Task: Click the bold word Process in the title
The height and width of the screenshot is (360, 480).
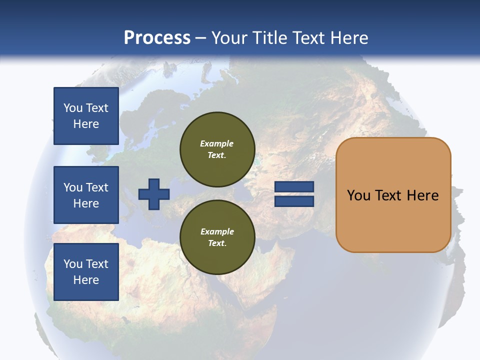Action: click(157, 38)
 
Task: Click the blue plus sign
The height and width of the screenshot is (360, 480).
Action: click(153, 194)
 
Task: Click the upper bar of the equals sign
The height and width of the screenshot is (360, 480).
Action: click(294, 187)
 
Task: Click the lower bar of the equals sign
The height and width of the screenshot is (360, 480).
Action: click(294, 201)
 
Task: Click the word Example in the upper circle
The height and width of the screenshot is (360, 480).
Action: click(217, 143)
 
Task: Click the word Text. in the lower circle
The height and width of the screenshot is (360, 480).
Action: click(217, 243)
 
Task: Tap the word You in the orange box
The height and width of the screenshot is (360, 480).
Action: click(358, 195)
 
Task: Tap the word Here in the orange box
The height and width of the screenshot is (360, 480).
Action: click(422, 195)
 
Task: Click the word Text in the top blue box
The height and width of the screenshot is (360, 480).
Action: click(97, 108)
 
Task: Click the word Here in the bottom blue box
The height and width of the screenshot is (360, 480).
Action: click(86, 280)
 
